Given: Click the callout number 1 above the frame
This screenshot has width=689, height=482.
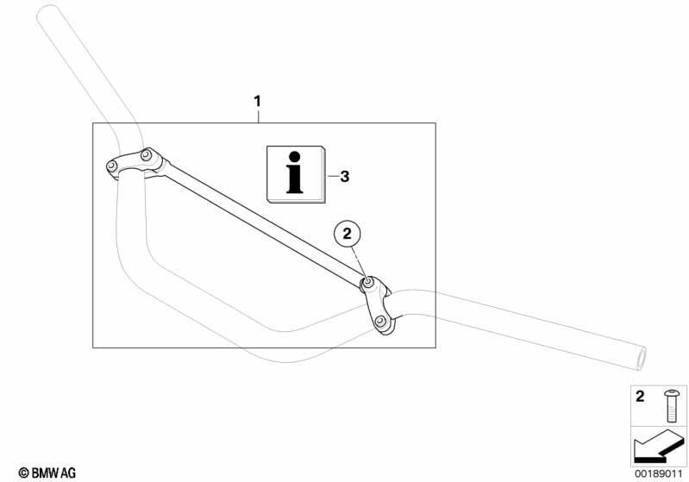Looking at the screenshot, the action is (258, 102).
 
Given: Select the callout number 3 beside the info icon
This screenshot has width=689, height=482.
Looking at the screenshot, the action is (345, 177).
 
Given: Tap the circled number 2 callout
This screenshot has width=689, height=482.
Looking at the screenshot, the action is (348, 234).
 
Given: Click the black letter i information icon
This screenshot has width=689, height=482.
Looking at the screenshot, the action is (295, 172).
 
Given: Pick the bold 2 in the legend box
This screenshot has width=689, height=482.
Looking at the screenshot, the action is (640, 397).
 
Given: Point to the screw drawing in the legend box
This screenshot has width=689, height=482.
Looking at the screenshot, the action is (671, 405).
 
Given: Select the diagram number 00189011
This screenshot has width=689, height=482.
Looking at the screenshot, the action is (658, 474).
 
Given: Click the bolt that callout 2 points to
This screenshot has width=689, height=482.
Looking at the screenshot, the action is (367, 284).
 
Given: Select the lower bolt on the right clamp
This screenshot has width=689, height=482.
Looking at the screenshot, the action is (380, 322).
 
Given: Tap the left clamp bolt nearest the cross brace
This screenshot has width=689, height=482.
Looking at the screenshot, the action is (146, 155).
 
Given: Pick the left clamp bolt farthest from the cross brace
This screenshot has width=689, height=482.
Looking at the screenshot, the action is (112, 166).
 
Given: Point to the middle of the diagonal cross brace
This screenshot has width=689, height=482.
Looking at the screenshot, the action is (264, 224).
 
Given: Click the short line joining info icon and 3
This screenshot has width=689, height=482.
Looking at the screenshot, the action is (333, 177).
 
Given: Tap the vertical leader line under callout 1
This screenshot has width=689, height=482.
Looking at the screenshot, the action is (259, 116).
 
